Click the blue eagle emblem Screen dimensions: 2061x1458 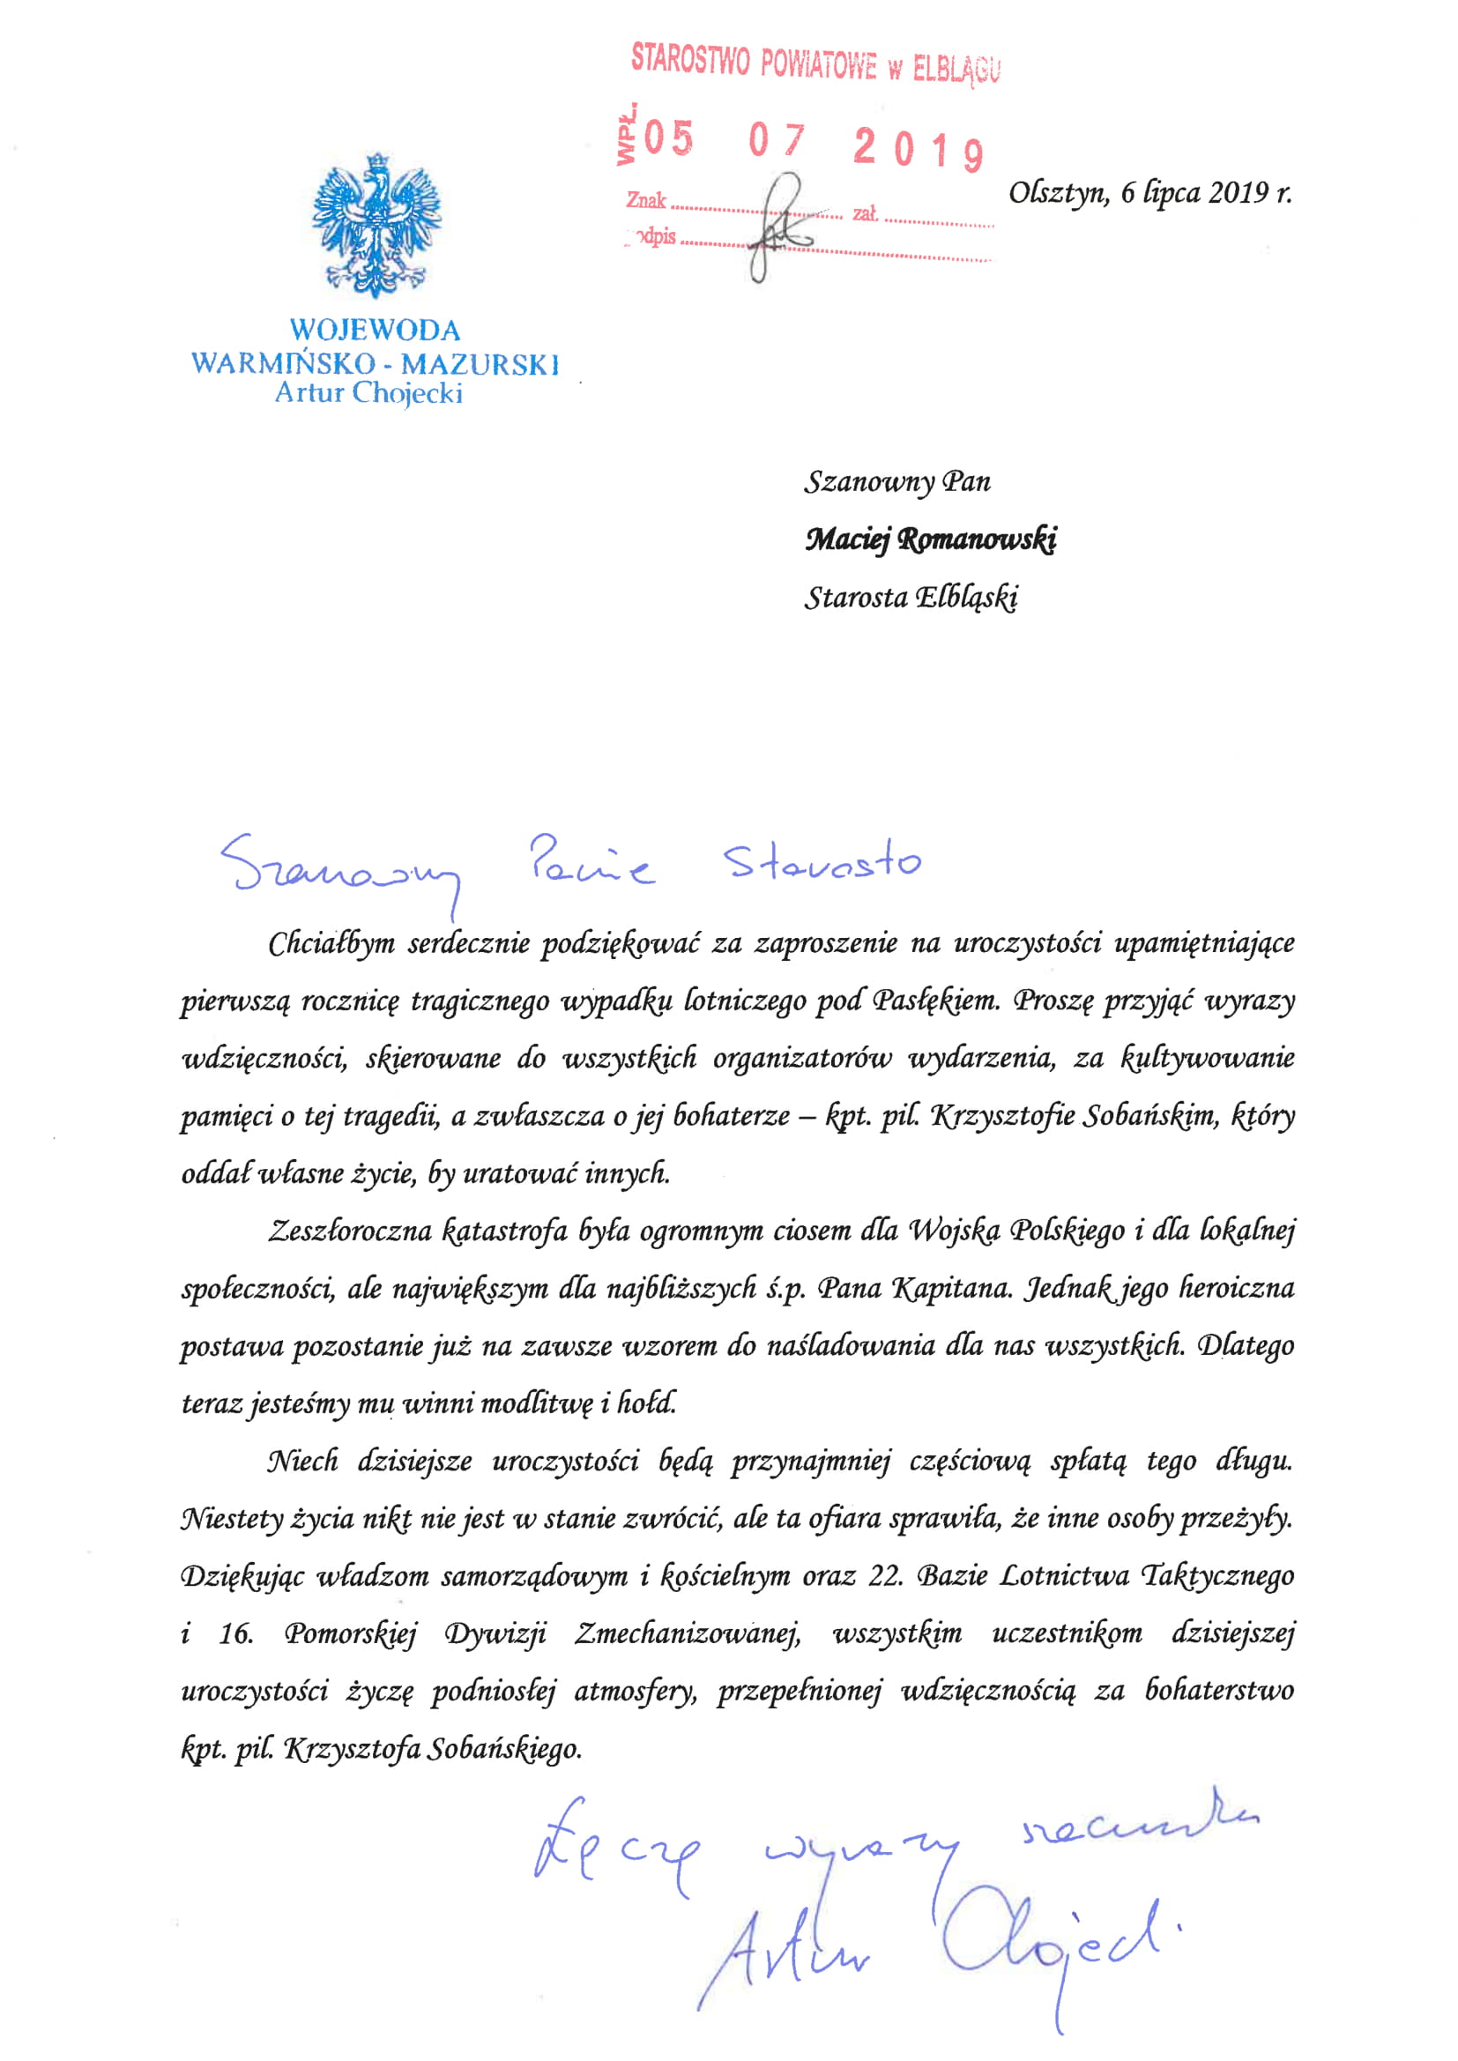click(376, 225)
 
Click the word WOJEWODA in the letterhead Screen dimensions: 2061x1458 click(376, 331)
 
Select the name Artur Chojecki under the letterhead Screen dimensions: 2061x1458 click(369, 393)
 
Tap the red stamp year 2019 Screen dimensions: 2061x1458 click(918, 148)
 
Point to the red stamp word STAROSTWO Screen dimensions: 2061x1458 click(689, 59)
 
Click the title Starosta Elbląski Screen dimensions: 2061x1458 click(911, 597)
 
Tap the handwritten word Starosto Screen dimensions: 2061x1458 click(822, 863)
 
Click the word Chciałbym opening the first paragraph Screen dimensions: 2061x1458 click(331, 943)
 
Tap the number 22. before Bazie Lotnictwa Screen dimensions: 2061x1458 click(885, 1577)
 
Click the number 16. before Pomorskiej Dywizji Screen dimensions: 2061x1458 click(236, 1633)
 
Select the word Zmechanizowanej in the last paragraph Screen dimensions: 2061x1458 click(688, 1633)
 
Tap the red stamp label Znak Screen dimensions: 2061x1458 click(646, 200)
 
